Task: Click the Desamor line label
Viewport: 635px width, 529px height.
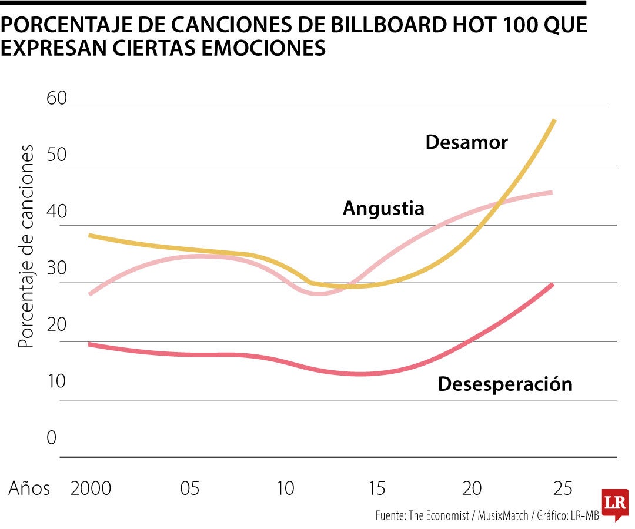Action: [x=466, y=142]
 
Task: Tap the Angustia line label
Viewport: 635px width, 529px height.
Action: [x=383, y=208]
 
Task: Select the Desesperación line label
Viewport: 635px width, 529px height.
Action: [x=505, y=384]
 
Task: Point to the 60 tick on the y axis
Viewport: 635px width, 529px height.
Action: [x=57, y=98]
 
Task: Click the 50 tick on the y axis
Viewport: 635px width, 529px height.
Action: [x=57, y=156]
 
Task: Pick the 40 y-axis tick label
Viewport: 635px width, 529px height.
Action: [x=57, y=212]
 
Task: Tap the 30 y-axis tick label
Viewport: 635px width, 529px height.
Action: [x=57, y=269]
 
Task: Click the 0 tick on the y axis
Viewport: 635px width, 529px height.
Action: [x=52, y=438]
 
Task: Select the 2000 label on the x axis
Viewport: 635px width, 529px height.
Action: [x=91, y=488]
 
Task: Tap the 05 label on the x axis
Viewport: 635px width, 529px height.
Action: [x=189, y=488]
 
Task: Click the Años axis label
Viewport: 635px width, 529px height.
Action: [x=29, y=488]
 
